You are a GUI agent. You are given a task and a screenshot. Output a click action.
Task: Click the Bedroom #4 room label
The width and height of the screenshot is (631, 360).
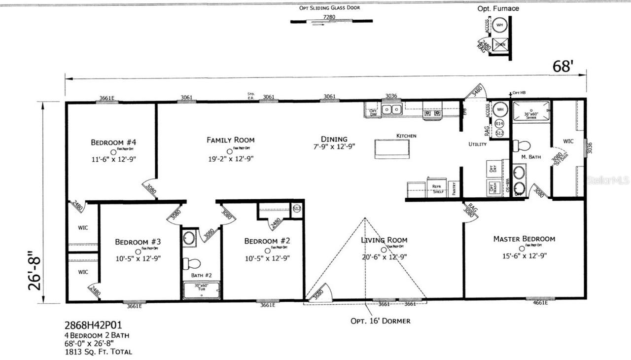[x=113, y=143]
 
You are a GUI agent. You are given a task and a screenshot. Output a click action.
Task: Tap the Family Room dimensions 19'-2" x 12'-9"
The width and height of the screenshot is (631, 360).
[x=230, y=159]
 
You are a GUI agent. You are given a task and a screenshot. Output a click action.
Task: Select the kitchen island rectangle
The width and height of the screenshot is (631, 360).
[x=392, y=149]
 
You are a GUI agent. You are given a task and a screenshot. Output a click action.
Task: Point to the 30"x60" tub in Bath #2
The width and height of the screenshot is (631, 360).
[x=202, y=291]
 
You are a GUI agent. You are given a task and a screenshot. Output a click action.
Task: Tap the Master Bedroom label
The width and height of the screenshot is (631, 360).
[x=524, y=239]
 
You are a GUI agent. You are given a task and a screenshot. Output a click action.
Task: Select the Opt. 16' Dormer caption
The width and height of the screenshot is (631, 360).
[x=380, y=321]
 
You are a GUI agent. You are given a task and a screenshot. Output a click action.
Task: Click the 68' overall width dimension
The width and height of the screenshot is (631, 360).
[x=562, y=67]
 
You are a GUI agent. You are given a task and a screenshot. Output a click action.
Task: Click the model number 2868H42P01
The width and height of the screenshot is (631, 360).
[x=93, y=325]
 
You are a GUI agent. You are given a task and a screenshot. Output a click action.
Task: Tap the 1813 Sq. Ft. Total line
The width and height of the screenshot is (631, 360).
[x=99, y=352]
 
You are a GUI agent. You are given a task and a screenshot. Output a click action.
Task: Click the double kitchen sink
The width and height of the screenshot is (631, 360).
[x=391, y=109]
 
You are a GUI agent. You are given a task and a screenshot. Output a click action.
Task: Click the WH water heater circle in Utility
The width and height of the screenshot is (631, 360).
[x=499, y=109]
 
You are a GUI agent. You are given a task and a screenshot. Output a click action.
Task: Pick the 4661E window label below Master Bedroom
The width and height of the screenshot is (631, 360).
[x=540, y=303]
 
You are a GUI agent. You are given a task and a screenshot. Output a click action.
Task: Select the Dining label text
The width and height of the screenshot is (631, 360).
[x=334, y=139]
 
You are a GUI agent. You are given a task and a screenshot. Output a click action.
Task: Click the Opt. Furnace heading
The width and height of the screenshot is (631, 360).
[x=498, y=8]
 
